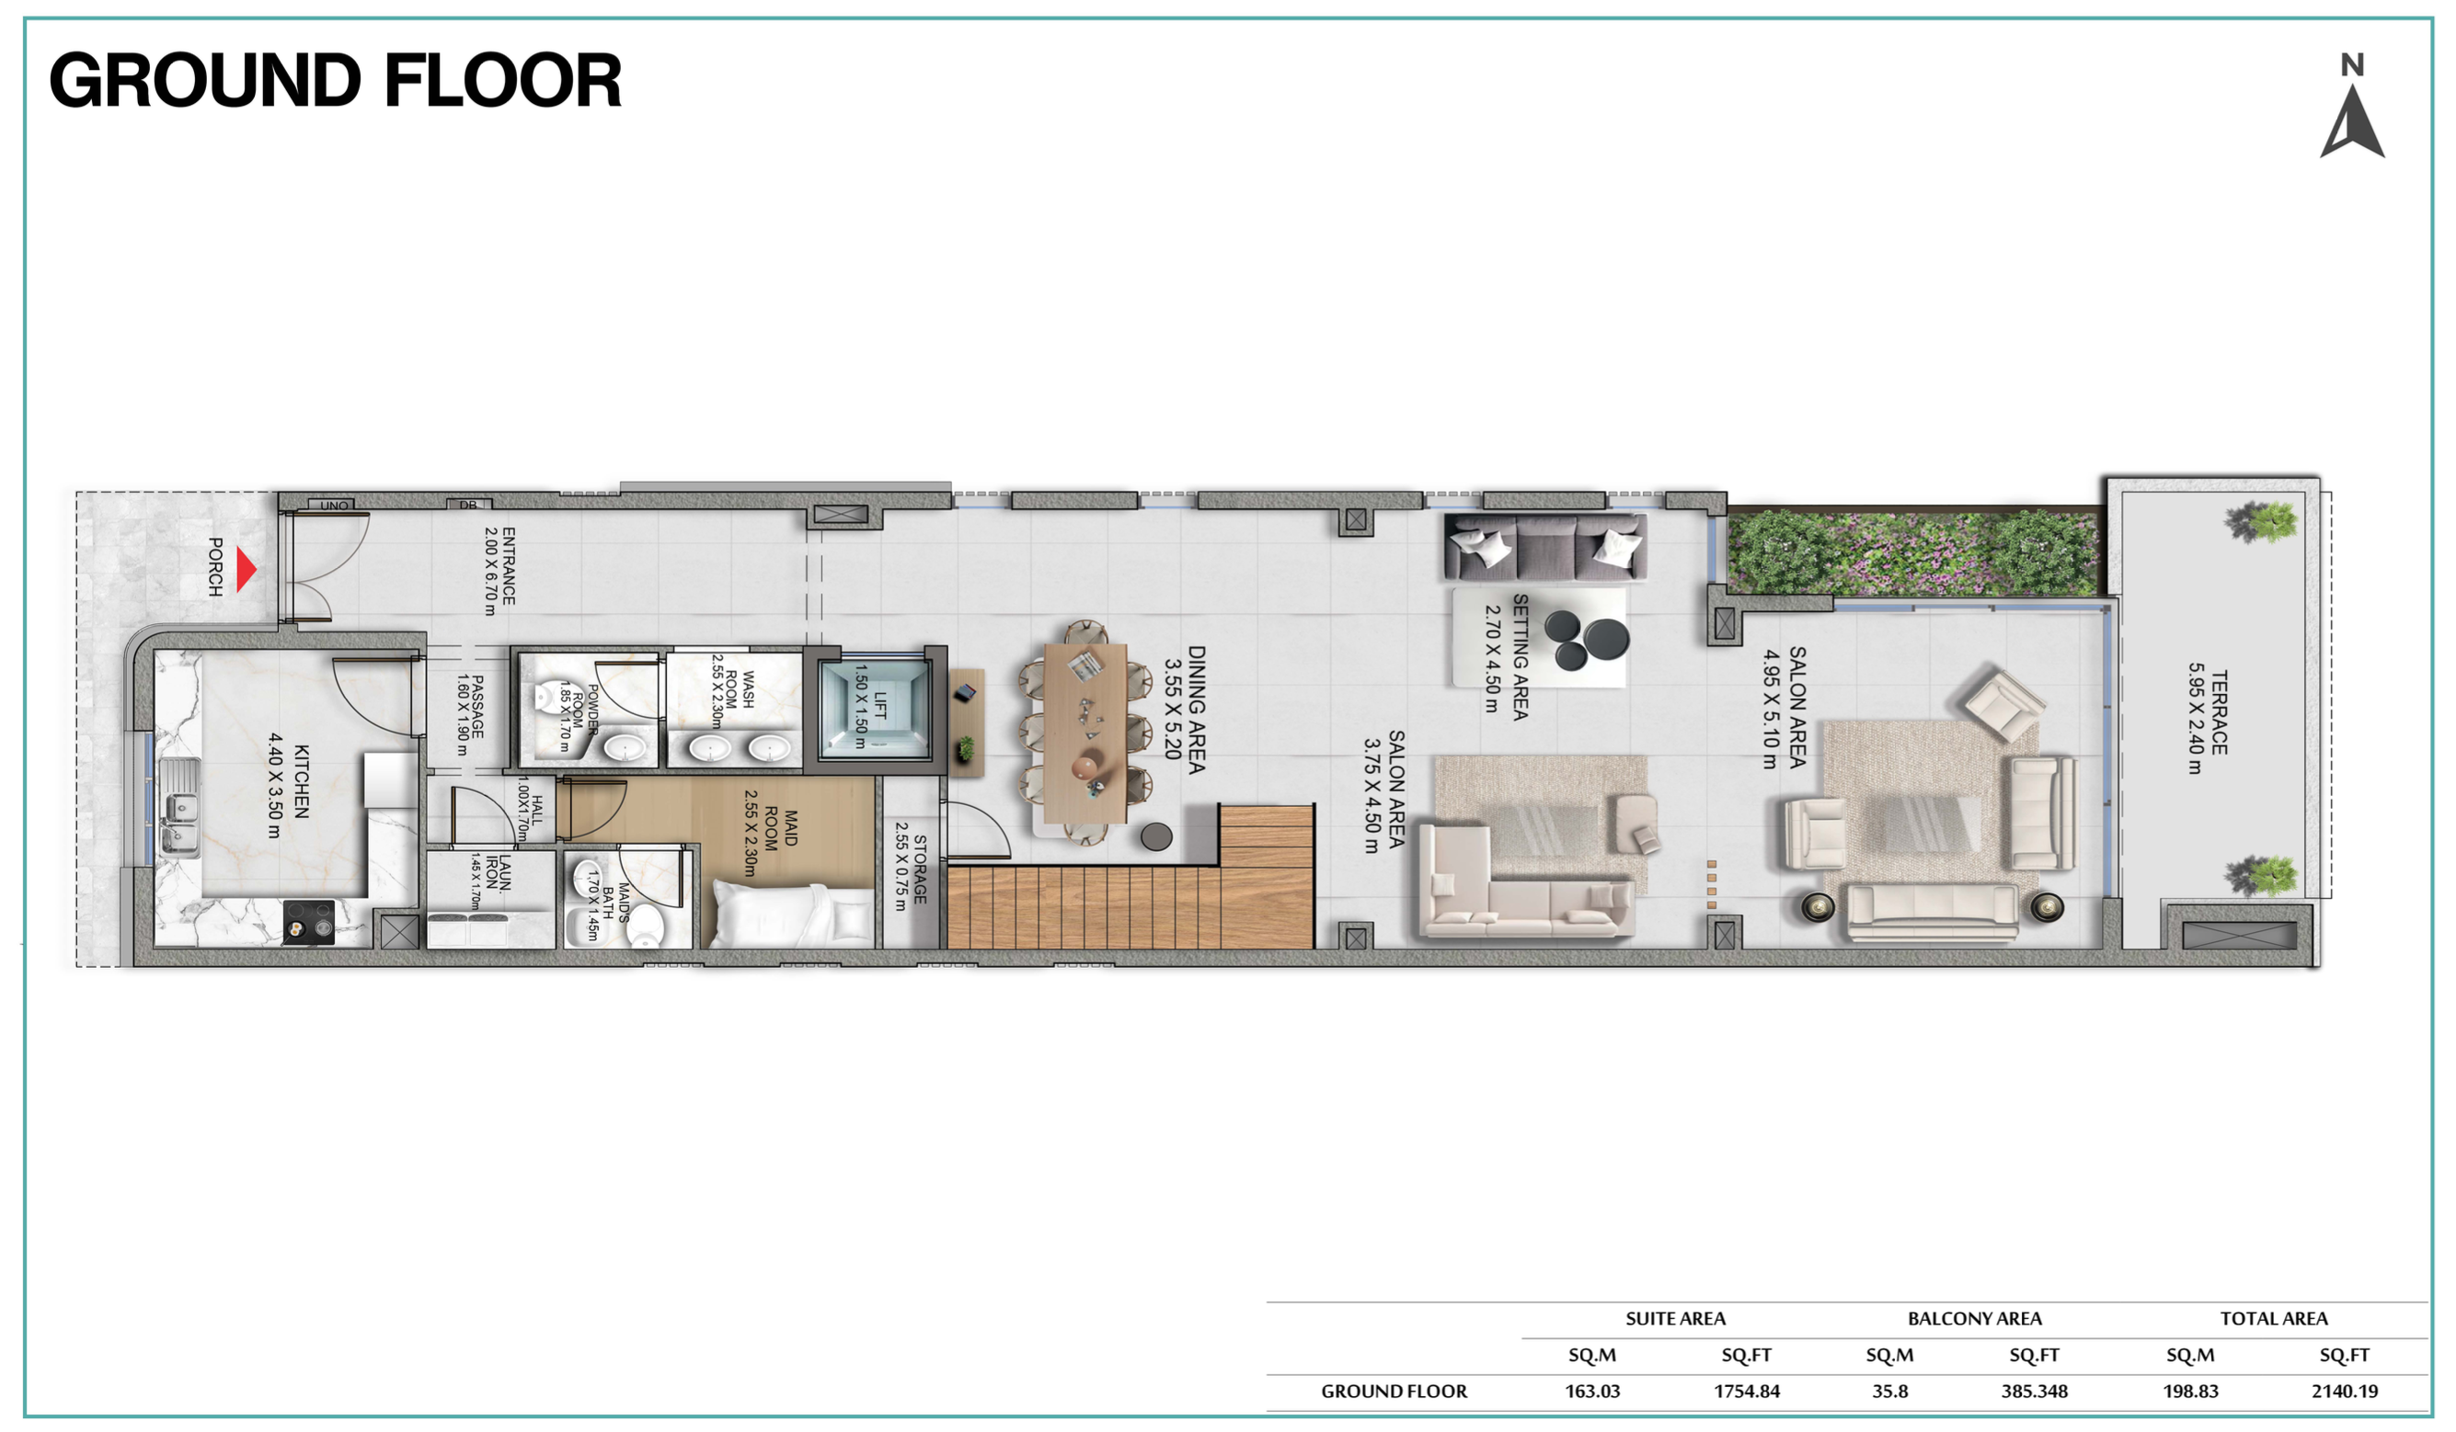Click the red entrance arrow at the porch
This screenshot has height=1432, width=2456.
[x=247, y=570]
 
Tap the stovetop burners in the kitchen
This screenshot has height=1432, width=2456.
[x=308, y=922]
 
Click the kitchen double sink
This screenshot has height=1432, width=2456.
[x=179, y=808]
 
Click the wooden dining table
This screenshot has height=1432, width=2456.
[x=1085, y=733]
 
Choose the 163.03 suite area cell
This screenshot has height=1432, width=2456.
[x=1592, y=1391]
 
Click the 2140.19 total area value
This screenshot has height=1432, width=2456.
[x=2344, y=1391]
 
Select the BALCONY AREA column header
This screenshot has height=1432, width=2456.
[x=1975, y=1319]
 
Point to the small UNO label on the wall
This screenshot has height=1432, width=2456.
[x=334, y=506]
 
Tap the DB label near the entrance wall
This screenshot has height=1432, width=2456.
[x=468, y=505]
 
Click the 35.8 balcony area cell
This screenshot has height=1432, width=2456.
[x=1889, y=1391]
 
